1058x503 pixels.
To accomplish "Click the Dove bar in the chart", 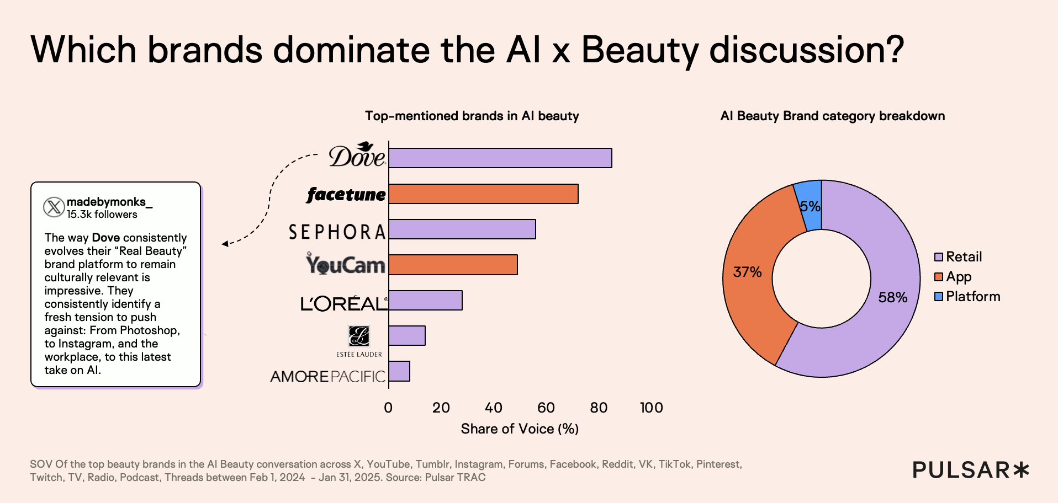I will tap(500, 158).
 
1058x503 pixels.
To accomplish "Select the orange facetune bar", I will tap(483, 194).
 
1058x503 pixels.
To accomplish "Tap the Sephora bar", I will tap(462, 229).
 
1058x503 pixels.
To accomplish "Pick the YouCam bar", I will tap(453, 265).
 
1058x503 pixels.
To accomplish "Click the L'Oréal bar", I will tap(425, 300).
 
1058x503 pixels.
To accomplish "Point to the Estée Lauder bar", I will tap(407, 335).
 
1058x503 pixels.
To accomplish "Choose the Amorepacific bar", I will tap(399, 371).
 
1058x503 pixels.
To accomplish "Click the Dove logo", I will tap(357, 156).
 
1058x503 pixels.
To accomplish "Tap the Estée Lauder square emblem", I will tap(358, 335).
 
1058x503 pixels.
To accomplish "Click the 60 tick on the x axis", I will tap(546, 408).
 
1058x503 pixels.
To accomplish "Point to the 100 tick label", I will tap(651, 408).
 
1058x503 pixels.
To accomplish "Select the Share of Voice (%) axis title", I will tap(520, 429).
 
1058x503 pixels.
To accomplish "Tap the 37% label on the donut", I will tap(747, 272).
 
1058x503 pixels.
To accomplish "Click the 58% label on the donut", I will tap(892, 298).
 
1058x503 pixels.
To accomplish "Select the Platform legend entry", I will tap(967, 297).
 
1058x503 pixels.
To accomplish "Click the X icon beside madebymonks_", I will tap(54, 207).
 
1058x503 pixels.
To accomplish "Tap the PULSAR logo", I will tap(970, 470).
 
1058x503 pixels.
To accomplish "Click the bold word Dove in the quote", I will tap(105, 238).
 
